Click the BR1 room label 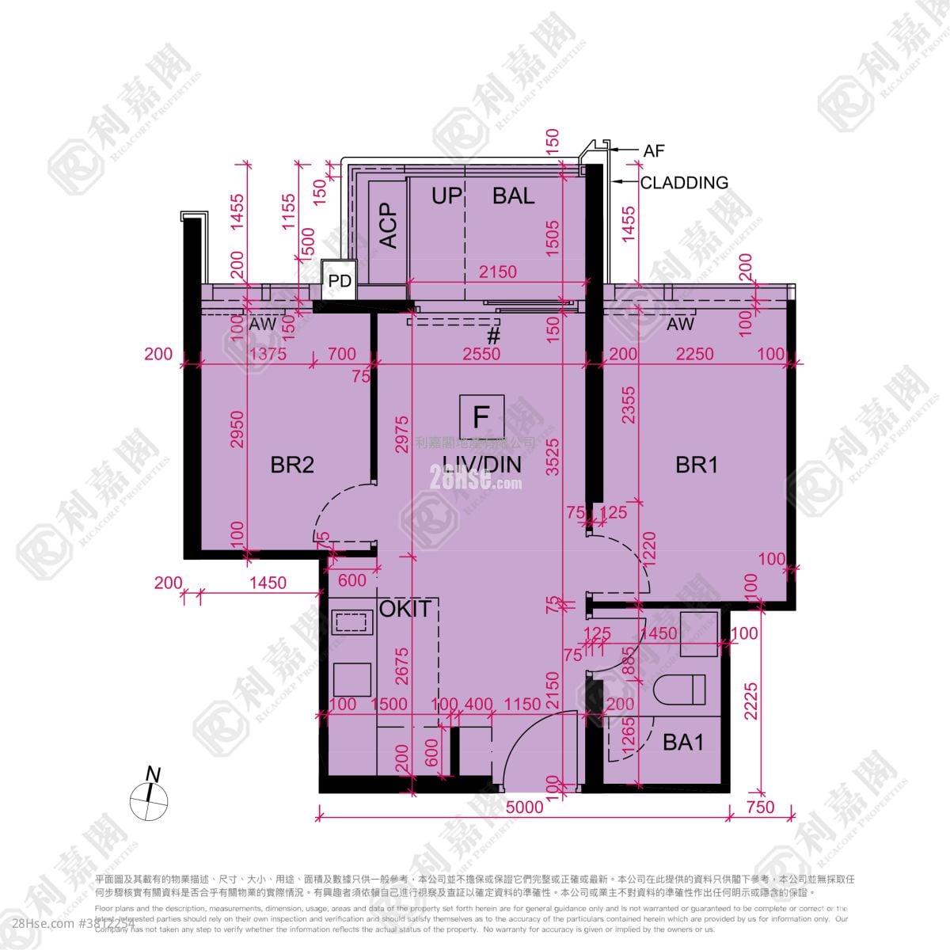(697, 465)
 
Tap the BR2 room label (292, 465)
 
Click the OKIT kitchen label (405, 609)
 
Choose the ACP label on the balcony (388, 226)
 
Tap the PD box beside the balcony (340, 281)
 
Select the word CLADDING (684, 183)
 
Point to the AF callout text (654, 150)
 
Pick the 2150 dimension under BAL (498, 272)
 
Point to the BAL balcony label (513, 196)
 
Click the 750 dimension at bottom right (760, 807)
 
